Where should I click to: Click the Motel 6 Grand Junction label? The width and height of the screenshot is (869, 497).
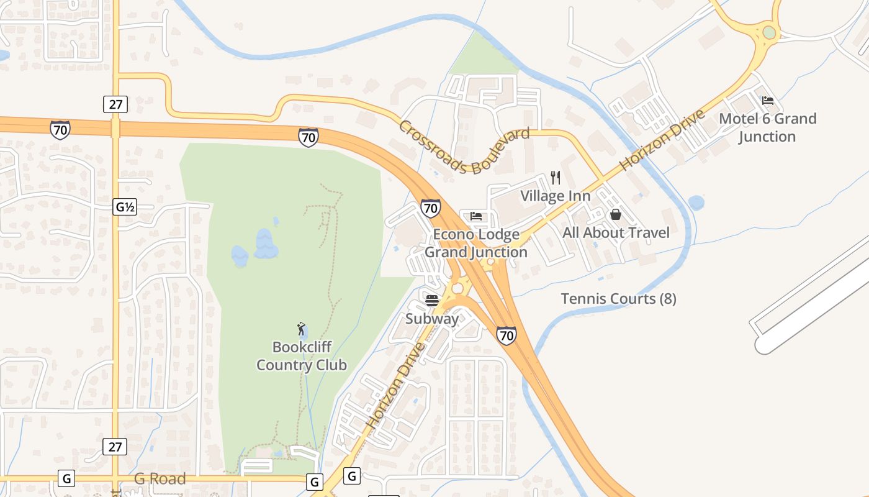click(x=768, y=127)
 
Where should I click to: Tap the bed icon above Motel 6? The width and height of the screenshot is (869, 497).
click(x=768, y=101)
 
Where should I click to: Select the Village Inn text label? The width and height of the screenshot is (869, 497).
click(x=555, y=196)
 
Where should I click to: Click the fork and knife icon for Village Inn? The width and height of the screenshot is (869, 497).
click(x=556, y=178)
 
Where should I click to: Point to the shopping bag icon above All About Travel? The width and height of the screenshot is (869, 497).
click(x=616, y=214)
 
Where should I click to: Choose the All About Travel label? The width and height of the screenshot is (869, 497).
click(x=616, y=233)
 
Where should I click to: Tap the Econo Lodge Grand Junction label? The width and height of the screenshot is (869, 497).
click(x=476, y=243)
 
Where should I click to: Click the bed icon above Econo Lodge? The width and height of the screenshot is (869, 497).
click(x=476, y=216)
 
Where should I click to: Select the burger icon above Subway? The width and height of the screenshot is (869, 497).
click(x=432, y=301)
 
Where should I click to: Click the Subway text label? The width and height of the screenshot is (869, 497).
click(x=432, y=319)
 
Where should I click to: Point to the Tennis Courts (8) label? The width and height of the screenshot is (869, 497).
click(x=618, y=299)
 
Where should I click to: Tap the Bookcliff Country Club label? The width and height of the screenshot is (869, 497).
click(x=302, y=356)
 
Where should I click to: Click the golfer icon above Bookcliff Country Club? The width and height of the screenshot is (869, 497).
click(x=302, y=329)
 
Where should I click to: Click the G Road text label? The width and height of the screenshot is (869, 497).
click(x=160, y=479)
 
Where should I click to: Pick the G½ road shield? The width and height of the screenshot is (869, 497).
click(x=125, y=207)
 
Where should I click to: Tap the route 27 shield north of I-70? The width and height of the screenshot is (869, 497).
click(x=115, y=104)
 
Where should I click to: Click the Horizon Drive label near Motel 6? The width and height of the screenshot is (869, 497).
click(x=662, y=140)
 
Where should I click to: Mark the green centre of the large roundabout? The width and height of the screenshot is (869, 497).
click(x=769, y=32)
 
